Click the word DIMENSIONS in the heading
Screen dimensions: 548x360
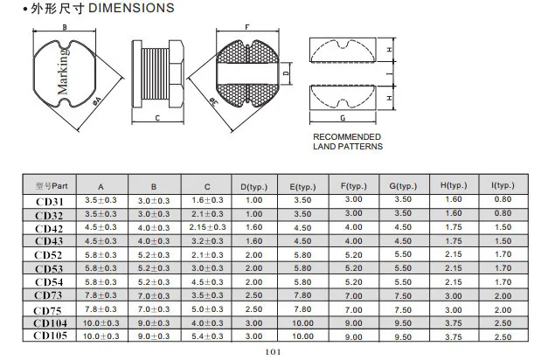pos(131,8)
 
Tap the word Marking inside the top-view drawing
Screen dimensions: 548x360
pos(63,72)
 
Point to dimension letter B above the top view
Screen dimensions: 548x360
pos(65,27)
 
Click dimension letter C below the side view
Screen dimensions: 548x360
pos(157,118)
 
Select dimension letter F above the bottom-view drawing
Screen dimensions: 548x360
pos(247,27)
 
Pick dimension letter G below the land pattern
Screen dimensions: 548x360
pos(343,118)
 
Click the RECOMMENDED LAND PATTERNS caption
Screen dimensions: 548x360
pos(348,142)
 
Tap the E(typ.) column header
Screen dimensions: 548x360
pos(302,187)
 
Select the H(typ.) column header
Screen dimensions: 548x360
pos(454,185)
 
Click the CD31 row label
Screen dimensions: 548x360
pos(50,202)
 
